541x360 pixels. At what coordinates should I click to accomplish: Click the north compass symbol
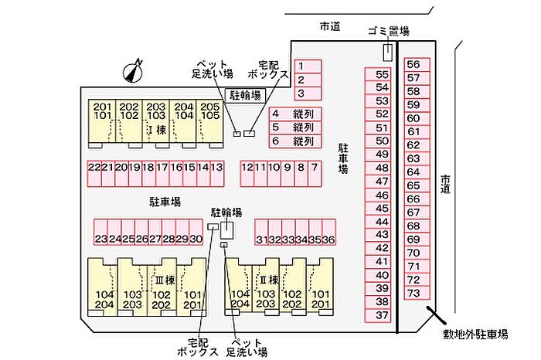pyautogui.click(x=133, y=72)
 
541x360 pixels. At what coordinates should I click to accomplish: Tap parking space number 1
pyautogui.click(x=308, y=66)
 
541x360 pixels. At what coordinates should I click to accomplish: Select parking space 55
pyautogui.click(x=378, y=74)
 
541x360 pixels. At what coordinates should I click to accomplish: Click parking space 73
pyautogui.click(x=417, y=293)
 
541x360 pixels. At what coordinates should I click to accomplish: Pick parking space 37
pyautogui.click(x=378, y=315)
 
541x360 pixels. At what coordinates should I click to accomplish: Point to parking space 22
pyautogui.click(x=94, y=174)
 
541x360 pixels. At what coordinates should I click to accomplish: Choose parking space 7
pyautogui.click(x=315, y=174)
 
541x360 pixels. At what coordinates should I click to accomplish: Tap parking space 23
pyautogui.click(x=100, y=232)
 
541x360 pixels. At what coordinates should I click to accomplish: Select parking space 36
pyautogui.click(x=328, y=232)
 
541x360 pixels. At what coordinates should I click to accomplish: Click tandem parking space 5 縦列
pyautogui.click(x=295, y=127)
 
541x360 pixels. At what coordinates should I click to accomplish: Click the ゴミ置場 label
pyautogui.click(x=389, y=32)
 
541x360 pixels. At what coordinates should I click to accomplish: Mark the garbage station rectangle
pyautogui.click(x=388, y=53)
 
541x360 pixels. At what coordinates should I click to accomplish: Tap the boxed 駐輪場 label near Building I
pyautogui.click(x=245, y=95)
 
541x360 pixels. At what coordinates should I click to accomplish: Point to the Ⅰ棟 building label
pyautogui.click(x=157, y=130)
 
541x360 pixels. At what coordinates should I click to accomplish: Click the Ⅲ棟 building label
pyautogui.click(x=165, y=280)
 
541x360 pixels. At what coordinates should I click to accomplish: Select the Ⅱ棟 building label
pyautogui.click(x=269, y=280)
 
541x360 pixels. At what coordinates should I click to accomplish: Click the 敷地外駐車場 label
pyautogui.click(x=475, y=335)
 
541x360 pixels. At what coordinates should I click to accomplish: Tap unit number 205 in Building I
pyautogui.click(x=210, y=107)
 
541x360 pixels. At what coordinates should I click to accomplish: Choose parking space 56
pyautogui.click(x=417, y=64)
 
